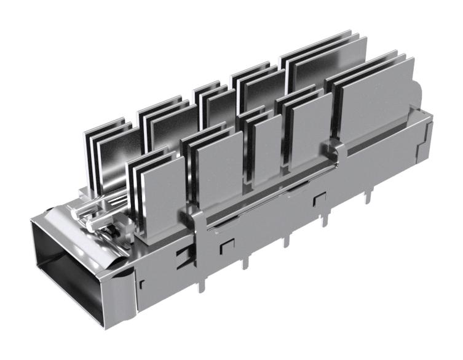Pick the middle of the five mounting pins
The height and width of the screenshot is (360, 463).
(285, 241)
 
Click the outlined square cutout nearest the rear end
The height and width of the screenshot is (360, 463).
(319, 198)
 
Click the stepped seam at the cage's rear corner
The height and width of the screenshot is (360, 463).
(425, 138)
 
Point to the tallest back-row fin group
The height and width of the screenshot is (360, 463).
(323, 62)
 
